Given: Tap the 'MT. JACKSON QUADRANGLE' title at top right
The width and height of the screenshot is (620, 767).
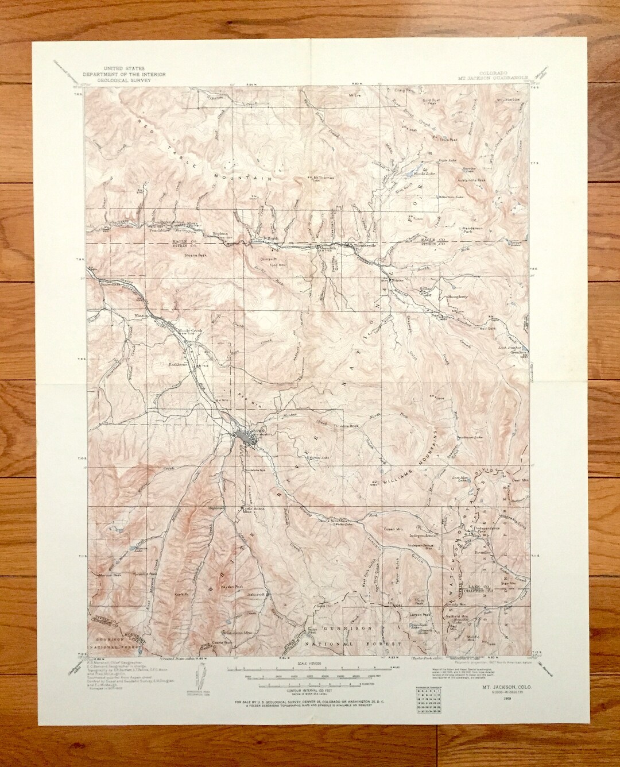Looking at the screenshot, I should point(482,79).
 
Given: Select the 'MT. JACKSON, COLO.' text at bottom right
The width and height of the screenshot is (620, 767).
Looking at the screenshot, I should point(500,679).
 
